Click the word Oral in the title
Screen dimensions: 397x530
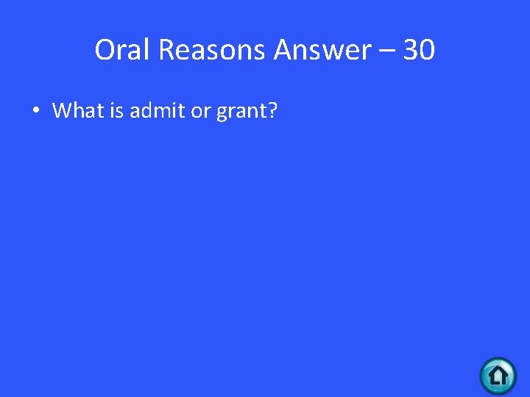123,50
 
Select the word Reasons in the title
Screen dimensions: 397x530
213,50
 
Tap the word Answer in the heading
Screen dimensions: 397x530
322,50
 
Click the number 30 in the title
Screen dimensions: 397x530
420,50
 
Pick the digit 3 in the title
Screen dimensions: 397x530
411,50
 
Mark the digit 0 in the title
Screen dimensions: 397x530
428,50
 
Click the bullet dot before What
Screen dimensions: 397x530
35,112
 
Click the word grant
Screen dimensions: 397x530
239,112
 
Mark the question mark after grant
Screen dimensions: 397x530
272,111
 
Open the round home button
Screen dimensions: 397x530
498,376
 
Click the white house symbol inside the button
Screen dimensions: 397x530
498,376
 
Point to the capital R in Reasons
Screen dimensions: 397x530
166,50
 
